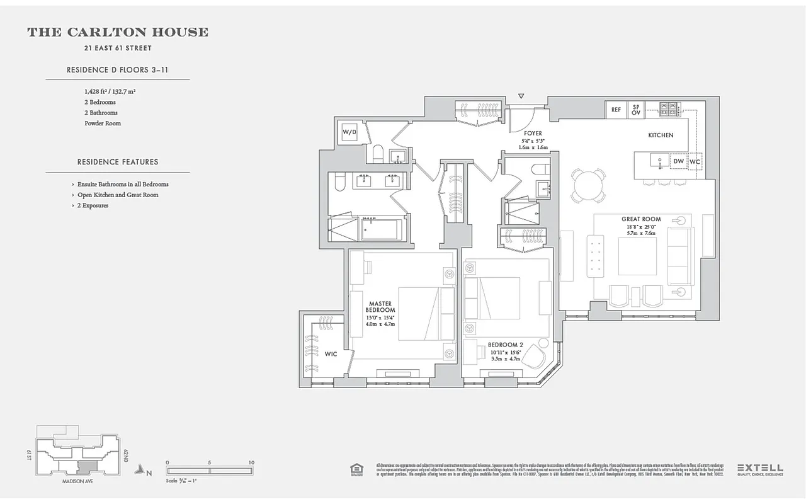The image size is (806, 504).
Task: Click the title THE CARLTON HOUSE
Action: (x=118, y=32)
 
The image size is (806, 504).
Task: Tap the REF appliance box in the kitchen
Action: (x=616, y=110)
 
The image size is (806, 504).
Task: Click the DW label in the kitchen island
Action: (x=678, y=162)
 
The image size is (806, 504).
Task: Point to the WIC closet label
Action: (x=331, y=354)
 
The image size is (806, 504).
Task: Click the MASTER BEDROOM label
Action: (x=380, y=307)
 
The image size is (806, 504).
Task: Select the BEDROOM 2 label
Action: (x=506, y=345)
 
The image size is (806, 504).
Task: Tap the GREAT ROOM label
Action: (x=641, y=219)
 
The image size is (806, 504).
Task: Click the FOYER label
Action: (x=533, y=134)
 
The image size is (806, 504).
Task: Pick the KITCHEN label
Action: (x=661, y=135)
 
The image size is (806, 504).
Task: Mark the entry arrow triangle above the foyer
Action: (x=521, y=96)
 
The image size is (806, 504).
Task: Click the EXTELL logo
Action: (x=760, y=468)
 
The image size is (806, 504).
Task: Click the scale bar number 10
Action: (x=251, y=462)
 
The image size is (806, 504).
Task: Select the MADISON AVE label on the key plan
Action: (x=77, y=481)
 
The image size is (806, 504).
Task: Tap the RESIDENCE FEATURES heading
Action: (x=118, y=162)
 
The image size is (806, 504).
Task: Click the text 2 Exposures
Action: (x=93, y=205)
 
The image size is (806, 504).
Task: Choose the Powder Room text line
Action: (x=103, y=123)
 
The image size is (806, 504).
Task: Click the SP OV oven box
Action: (x=636, y=110)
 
